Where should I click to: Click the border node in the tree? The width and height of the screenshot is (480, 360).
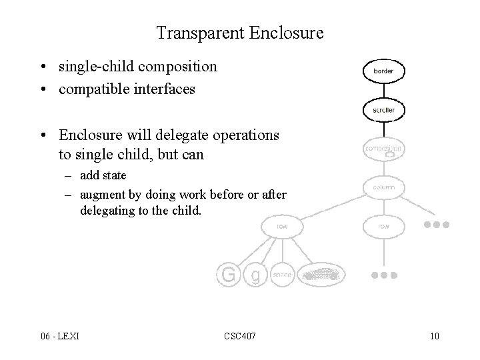383,69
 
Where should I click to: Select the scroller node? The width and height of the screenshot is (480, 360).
383,109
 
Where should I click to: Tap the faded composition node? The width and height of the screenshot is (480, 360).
383,149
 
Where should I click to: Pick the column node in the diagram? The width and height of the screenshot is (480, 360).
383,187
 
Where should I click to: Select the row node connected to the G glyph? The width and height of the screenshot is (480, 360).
282,227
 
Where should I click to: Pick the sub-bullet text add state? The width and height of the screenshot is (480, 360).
103,176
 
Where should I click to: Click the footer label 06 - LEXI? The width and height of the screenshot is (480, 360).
59,335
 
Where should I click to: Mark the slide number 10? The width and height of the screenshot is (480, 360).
435,335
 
